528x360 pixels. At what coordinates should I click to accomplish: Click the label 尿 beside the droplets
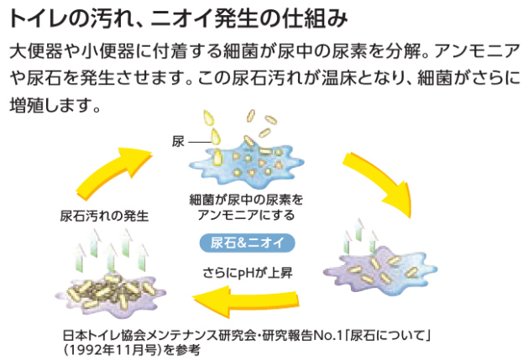tap(178, 143)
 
